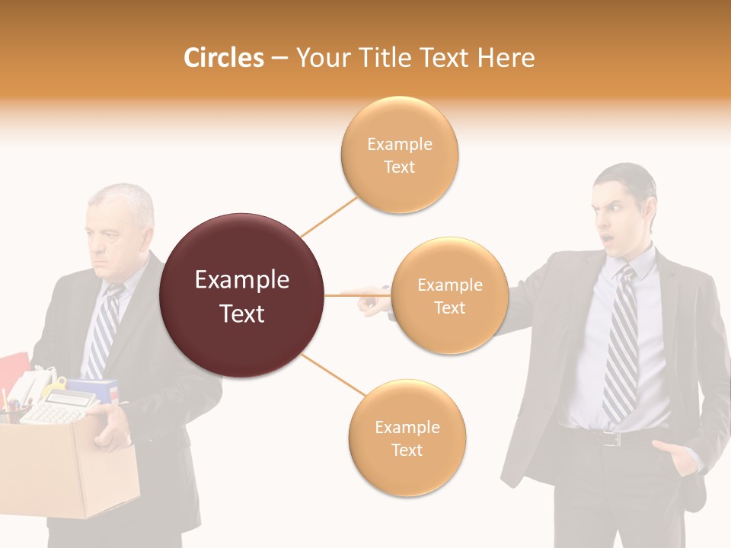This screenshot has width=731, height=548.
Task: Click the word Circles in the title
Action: [223, 58]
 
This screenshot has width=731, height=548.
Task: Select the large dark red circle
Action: [242, 296]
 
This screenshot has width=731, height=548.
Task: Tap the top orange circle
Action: [399, 155]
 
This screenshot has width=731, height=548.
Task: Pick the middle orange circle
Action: [449, 296]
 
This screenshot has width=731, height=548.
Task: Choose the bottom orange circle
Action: [407, 438]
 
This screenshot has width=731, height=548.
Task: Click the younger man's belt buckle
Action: [610, 439]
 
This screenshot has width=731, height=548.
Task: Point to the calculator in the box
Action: [57, 409]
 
